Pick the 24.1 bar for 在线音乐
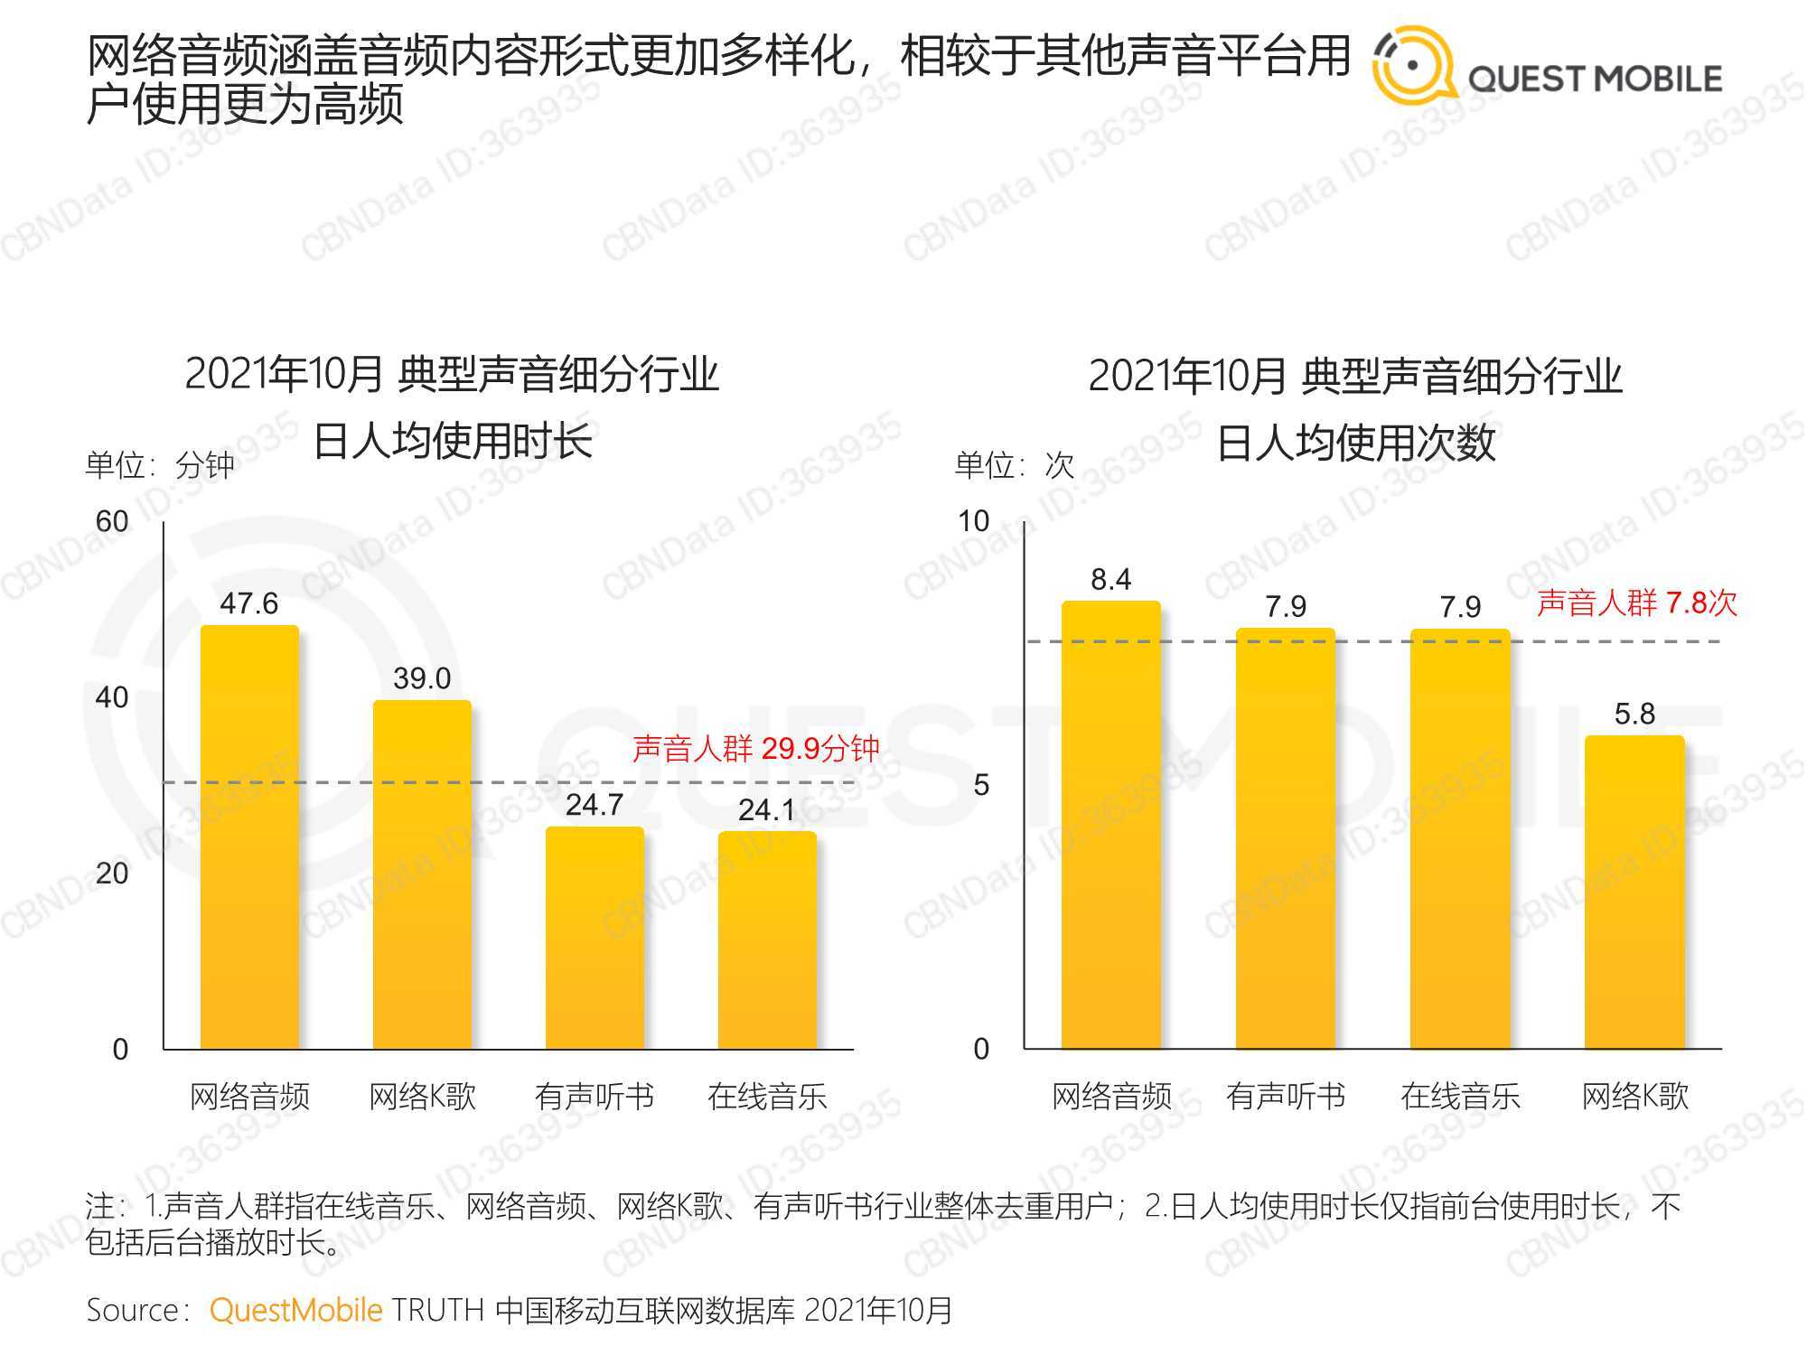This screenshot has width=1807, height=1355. [x=767, y=940]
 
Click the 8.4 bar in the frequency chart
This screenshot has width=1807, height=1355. [x=1110, y=825]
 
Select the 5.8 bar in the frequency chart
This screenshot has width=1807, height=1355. [x=1634, y=892]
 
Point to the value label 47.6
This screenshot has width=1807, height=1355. [x=249, y=603]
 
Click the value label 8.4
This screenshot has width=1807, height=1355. [x=1110, y=579]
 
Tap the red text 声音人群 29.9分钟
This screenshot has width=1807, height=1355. [x=755, y=748]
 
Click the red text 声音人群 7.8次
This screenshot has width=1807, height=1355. [x=1637, y=603]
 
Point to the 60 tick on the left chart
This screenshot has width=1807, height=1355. [x=112, y=521]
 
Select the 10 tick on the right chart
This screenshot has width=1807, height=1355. [x=973, y=521]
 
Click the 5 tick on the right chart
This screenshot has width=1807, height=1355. [x=981, y=785]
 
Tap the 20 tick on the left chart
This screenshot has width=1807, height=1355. [x=112, y=874]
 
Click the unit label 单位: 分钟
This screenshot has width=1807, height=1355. [x=160, y=465]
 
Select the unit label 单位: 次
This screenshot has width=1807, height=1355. [x=1015, y=465]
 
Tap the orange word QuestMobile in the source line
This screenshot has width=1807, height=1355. [x=295, y=1310]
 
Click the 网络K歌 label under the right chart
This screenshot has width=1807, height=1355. [x=1634, y=1097]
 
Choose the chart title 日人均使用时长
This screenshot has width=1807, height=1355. [x=452, y=442]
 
